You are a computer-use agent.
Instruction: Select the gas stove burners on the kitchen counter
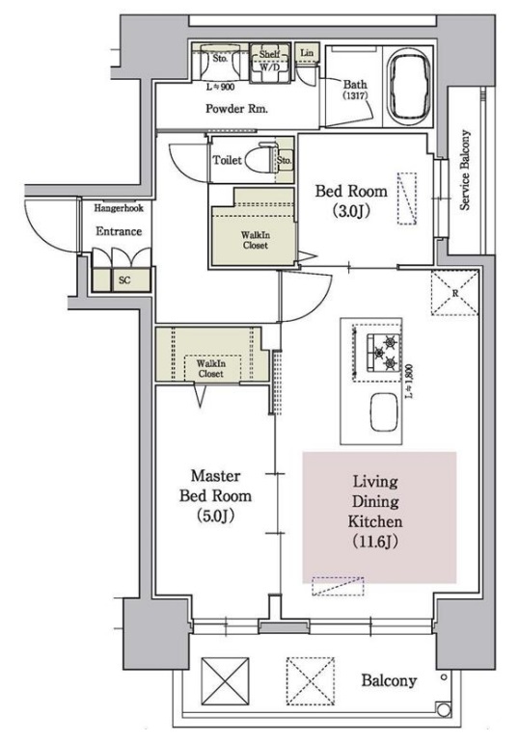(383, 353)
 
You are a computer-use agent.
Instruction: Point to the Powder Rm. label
(236, 109)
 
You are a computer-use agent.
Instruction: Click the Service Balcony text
(466, 170)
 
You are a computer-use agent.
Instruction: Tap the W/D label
(269, 67)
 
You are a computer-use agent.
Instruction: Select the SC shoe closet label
(124, 280)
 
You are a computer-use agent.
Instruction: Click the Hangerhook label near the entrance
(119, 208)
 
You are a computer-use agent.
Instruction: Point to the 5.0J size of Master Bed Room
(215, 516)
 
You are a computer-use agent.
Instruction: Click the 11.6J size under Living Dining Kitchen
(375, 541)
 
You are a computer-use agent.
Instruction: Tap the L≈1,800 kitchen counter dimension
(410, 380)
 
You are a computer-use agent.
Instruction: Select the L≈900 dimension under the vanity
(221, 87)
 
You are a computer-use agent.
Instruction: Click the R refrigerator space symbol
(455, 293)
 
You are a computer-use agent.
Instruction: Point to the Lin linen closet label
(307, 53)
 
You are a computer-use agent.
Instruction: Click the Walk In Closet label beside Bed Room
(256, 240)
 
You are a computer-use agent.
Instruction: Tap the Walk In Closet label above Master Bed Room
(211, 369)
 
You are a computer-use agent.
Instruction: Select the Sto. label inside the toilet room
(285, 160)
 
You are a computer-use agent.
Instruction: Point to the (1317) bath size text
(355, 95)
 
